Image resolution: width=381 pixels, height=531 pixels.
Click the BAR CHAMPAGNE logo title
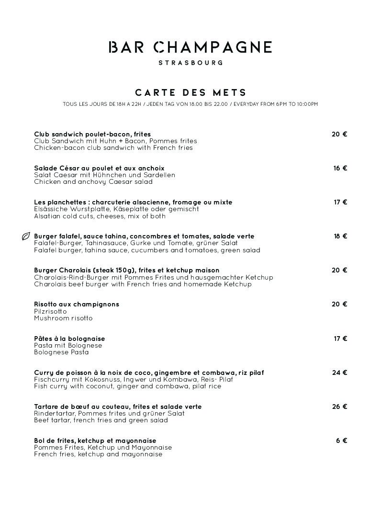(x=190, y=47)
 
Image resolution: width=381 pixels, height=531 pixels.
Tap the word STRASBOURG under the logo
(x=190, y=63)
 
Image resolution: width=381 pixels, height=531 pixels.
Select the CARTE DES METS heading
(x=190, y=92)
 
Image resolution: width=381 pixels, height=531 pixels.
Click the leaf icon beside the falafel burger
(x=26, y=236)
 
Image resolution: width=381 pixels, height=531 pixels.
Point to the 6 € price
(x=341, y=441)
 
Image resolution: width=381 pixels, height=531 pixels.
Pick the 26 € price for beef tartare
(x=339, y=407)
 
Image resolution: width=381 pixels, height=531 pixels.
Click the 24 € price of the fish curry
(x=339, y=373)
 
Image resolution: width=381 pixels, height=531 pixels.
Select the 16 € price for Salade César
(x=340, y=168)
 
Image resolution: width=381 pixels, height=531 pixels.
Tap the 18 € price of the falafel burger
(x=340, y=236)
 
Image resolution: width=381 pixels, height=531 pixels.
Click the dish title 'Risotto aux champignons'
(x=77, y=304)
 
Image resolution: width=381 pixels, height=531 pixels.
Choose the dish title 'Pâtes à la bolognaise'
(x=69, y=339)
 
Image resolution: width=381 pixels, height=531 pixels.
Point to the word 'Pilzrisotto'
(x=50, y=311)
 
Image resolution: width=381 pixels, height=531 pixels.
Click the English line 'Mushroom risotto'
(x=63, y=318)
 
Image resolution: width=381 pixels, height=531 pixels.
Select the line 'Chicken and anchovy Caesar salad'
(x=93, y=181)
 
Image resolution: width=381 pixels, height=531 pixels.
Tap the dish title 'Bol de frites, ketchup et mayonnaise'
(x=95, y=441)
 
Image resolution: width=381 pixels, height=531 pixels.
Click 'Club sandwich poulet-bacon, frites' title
(x=92, y=134)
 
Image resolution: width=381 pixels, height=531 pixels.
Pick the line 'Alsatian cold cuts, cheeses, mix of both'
(x=100, y=216)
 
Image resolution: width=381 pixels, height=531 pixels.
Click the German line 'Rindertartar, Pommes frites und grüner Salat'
(x=109, y=413)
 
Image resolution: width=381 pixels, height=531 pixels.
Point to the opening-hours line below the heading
(x=190, y=104)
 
